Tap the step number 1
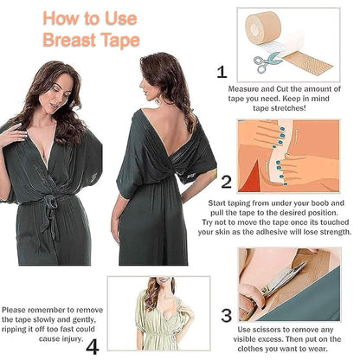[222, 73]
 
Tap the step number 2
[226, 182]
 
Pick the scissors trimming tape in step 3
[279, 279]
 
